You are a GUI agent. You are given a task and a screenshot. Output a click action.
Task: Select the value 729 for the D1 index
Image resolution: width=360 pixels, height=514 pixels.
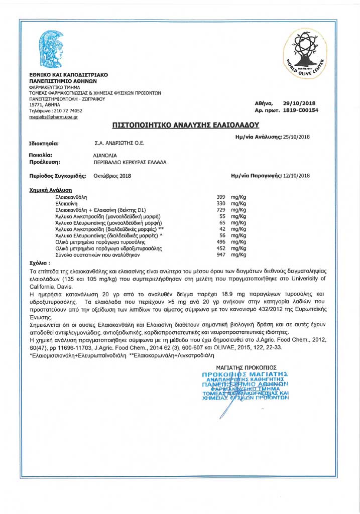click(x=220, y=210)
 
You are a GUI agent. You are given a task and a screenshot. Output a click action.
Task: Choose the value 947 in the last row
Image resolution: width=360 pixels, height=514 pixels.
click(x=220, y=255)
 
